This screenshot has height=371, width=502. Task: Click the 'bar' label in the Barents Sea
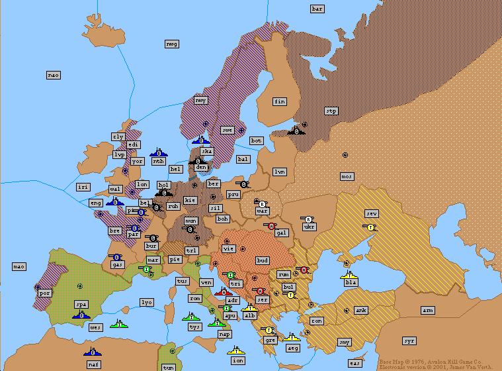(x=317, y=9)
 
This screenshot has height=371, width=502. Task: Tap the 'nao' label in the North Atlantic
(x=54, y=75)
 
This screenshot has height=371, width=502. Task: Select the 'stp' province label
(x=331, y=111)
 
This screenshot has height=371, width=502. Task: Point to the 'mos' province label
(x=347, y=176)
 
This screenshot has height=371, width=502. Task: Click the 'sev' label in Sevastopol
(x=372, y=213)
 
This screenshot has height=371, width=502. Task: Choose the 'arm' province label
(x=428, y=310)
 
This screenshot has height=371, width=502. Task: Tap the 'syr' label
(x=409, y=341)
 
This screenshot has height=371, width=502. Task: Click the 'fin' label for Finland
(x=280, y=101)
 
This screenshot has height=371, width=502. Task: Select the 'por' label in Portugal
(x=45, y=293)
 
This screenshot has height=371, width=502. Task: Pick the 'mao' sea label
(x=19, y=266)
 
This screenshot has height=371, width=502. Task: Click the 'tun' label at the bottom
(x=169, y=367)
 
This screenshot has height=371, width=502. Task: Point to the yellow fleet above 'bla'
(x=350, y=274)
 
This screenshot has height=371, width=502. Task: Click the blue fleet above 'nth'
(x=158, y=152)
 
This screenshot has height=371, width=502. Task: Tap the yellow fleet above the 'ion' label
(x=236, y=350)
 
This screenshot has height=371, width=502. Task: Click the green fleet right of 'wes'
(x=118, y=323)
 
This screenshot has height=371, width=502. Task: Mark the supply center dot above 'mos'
(x=345, y=155)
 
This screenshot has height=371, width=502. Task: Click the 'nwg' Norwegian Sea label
(x=172, y=44)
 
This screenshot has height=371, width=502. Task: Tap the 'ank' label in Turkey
(x=361, y=310)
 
